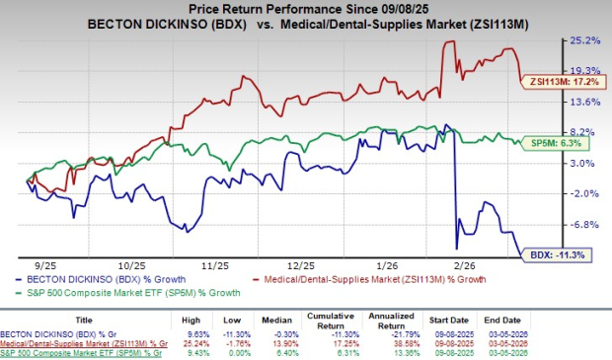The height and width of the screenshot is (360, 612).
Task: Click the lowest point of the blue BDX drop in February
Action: click(x=456, y=249)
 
